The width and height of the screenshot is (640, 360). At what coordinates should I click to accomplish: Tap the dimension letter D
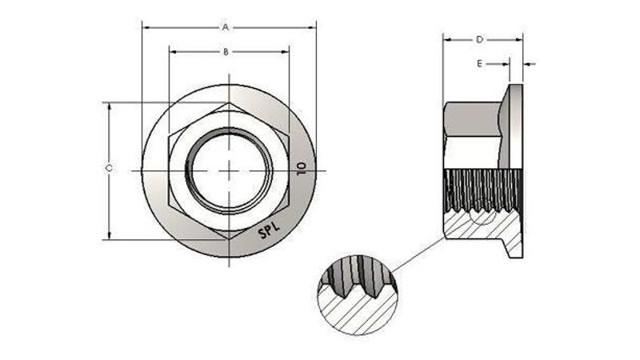479,39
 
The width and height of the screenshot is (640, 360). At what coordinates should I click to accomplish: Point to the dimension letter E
479,63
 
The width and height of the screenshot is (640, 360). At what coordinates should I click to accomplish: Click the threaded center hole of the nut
229,170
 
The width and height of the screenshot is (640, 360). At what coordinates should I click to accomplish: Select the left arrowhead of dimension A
145,27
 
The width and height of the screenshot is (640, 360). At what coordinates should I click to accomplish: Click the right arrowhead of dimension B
286,52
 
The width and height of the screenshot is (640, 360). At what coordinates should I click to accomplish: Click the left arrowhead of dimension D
447,39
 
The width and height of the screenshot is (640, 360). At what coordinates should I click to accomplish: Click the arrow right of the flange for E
529,63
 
